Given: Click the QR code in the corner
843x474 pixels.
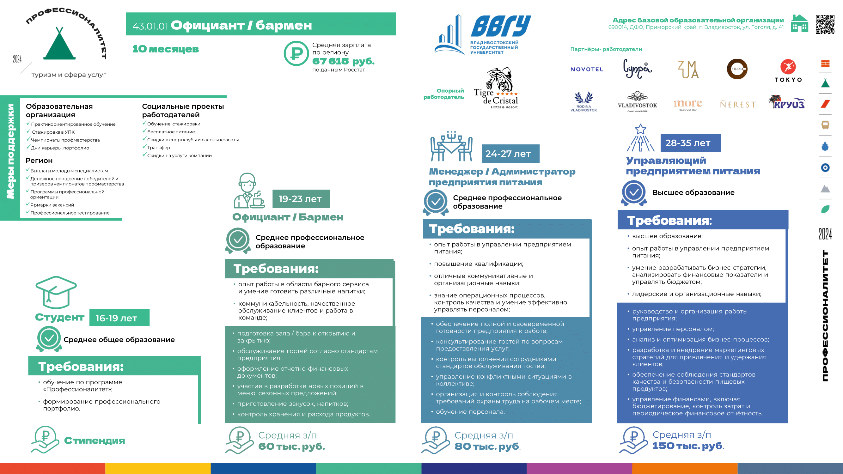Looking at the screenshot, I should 825,24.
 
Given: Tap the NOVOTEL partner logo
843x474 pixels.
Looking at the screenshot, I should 586,69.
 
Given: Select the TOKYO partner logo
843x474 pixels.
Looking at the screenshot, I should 788,71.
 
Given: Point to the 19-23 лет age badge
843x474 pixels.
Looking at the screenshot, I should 301,198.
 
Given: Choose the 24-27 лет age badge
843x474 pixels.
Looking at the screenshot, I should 510,154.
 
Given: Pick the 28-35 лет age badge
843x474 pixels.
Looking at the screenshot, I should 691,143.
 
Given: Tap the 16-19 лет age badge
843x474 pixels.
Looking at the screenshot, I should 119,318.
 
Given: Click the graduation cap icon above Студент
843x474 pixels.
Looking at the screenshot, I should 56,292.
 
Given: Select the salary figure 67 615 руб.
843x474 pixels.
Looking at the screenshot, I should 343,61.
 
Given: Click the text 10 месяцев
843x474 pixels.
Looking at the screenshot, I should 165,49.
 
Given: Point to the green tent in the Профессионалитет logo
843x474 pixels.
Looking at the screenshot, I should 59,44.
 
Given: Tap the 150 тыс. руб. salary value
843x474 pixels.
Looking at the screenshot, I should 687,446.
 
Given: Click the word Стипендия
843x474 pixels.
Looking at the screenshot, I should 94,441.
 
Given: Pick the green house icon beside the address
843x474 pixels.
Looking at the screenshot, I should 799,24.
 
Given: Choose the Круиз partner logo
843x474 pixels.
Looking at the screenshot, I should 787,102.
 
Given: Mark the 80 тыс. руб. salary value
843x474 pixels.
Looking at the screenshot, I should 487,446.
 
